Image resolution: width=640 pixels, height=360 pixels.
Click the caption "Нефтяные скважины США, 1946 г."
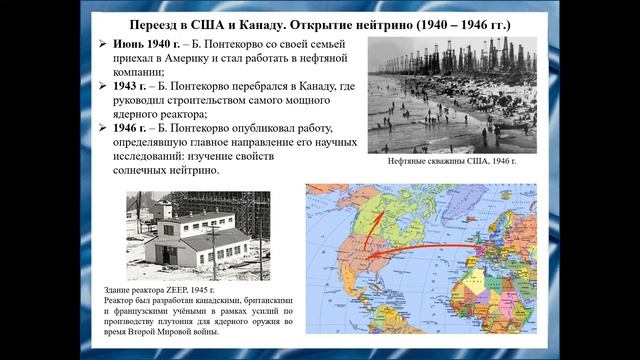pos(455,160)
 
